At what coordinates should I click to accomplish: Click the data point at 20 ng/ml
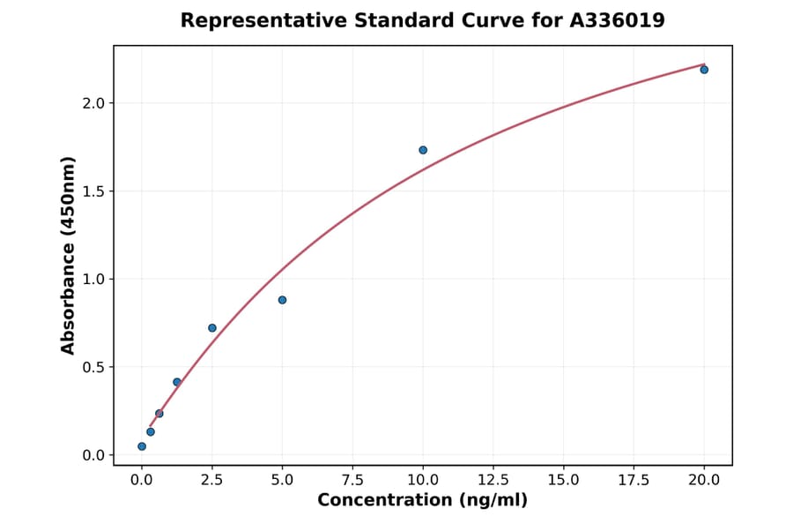click(x=704, y=70)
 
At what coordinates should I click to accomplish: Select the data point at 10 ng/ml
click(x=423, y=150)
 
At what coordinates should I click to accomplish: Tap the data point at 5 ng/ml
click(x=282, y=300)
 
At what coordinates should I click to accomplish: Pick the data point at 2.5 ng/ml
click(x=212, y=328)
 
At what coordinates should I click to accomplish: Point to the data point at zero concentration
click(x=142, y=446)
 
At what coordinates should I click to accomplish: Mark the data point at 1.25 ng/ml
click(x=177, y=382)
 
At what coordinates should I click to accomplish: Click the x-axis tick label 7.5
click(x=352, y=480)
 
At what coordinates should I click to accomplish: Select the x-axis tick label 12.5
click(x=493, y=480)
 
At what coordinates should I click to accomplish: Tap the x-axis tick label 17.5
click(x=634, y=480)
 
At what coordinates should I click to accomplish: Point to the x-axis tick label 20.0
click(x=704, y=480)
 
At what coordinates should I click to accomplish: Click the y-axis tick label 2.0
click(x=93, y=103)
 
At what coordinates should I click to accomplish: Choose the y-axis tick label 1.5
click(x=93, y=191)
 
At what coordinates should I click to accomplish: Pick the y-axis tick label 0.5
click(x=93, y=367)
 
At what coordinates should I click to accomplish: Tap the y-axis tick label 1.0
click(x=93, y=280)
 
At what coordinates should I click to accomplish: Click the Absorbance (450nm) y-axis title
click(x=69, y=255)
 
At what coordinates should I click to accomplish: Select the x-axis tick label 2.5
click(x=212, y=480)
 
